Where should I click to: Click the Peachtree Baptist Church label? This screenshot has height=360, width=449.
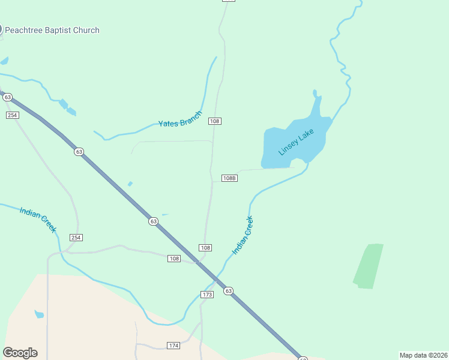(52, 30)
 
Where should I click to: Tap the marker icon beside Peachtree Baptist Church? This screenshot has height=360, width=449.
(1, 29)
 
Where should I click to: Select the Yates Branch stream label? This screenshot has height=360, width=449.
(180, 119)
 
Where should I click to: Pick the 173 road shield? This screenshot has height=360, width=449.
(208, 295)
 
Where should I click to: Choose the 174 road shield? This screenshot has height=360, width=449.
(173, 346)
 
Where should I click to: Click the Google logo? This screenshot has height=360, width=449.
(20, 353)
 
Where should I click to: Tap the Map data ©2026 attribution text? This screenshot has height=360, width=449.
(424, 355)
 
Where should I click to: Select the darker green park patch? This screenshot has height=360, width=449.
(368, 266)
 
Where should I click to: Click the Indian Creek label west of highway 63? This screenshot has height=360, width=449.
(37, 220)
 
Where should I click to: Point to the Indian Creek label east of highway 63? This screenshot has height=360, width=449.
(243, 235)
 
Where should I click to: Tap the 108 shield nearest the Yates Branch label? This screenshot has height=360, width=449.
(215, 121)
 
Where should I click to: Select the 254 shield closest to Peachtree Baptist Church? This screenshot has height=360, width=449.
(13, 115)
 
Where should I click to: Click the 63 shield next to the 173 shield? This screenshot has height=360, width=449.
(228, 291)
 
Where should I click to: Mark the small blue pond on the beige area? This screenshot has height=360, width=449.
(39, 314)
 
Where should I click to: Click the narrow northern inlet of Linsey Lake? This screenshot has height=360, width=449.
(316, 102)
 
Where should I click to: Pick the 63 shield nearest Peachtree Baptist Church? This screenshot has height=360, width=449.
(7, 97)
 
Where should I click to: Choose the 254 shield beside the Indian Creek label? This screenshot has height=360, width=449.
(76, 238)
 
